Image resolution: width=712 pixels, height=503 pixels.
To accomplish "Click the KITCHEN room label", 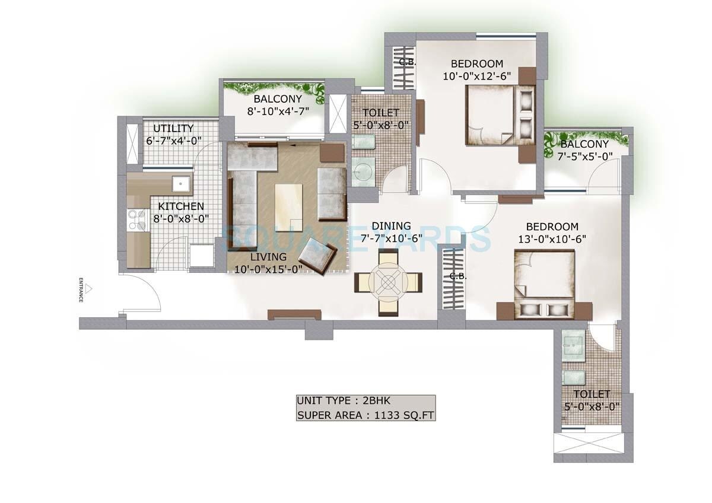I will point(181,206).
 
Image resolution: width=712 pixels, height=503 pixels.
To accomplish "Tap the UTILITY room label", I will point(173,129).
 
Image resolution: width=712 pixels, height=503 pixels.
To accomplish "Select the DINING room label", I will point(391,226).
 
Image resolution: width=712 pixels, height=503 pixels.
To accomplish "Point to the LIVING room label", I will point(268,257).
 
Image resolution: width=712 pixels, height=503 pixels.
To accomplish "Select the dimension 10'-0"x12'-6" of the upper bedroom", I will point(477,76).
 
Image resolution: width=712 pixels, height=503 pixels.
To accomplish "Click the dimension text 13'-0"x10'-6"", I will point(552,238).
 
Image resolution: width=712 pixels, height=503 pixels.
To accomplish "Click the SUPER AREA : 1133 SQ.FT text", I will point(365,415).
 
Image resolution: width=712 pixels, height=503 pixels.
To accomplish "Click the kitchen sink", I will point(179,185).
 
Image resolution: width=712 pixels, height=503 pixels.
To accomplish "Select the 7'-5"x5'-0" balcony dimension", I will point(584,156).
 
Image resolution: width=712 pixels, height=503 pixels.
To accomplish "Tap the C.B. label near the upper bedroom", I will point(407,62).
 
